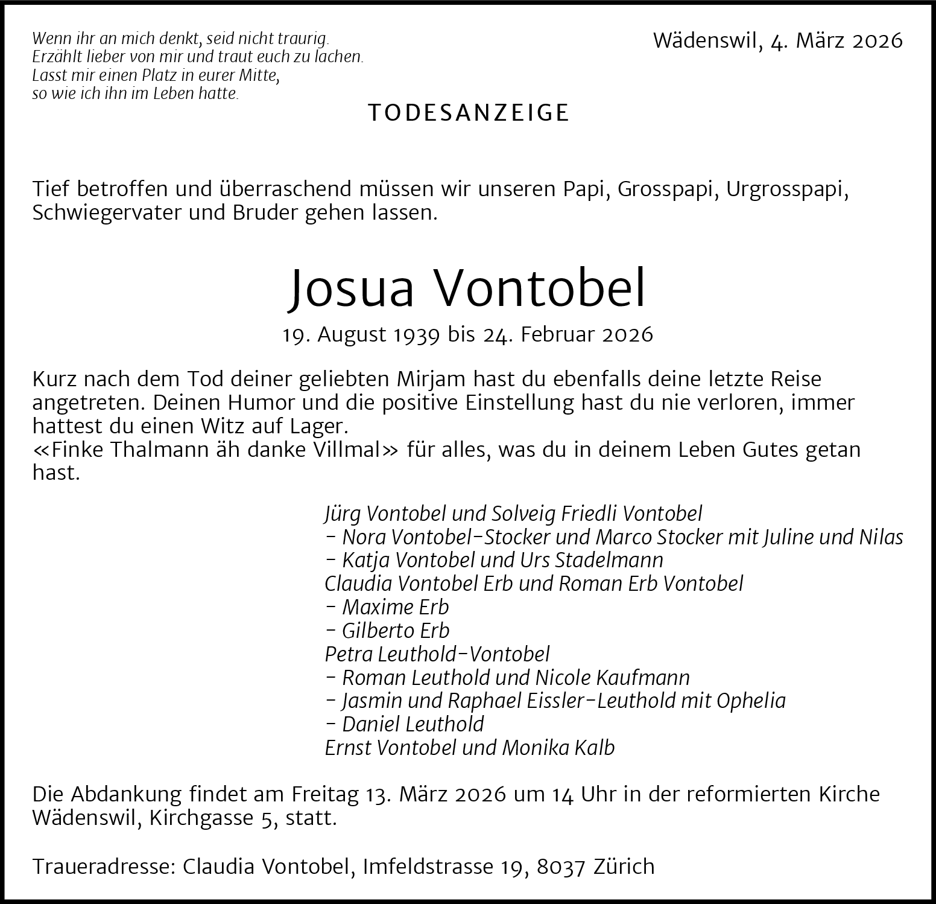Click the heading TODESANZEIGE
pyautogui.click(x=469, y=113)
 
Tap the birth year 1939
pyautogui.click(x=416, y=334)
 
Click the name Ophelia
pyautogui.click(x=751, y=701)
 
